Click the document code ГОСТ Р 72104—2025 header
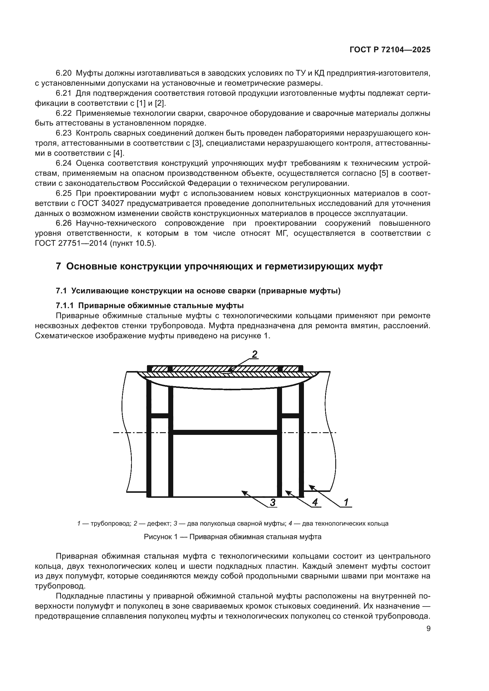click(390, 50)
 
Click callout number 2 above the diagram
click(255, 354)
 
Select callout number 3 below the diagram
click(273, 502)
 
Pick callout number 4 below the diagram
click(315, 502)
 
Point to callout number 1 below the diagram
click(346, 502)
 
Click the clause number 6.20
click(64, 73)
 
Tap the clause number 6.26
click(64, 223)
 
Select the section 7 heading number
click(59, 266)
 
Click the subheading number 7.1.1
click(64, 305)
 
